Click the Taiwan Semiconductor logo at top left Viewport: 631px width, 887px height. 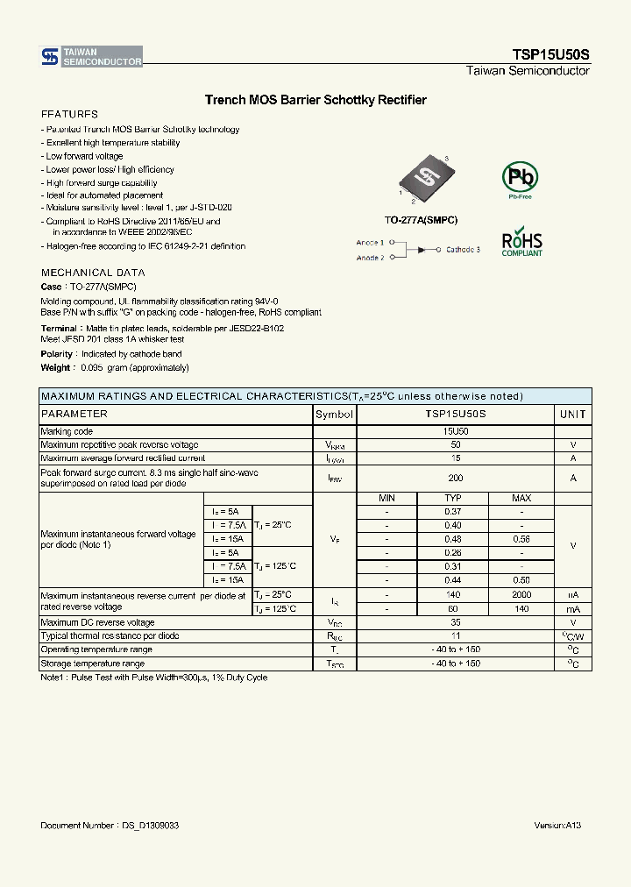click(x=91, y=57)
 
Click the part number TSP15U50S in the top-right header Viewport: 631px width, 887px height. click(x=550, y=54)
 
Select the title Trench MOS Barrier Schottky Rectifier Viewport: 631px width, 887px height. click(x=315, y=100)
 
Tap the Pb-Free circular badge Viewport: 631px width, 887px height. click(x=520, y=179)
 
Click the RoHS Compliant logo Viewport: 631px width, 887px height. click(x=521, y=243)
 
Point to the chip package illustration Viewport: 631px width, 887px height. click(x=422, y=180)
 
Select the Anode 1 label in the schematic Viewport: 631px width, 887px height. click(x=370, y=242)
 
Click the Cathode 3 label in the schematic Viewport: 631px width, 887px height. click(x=463, y=250)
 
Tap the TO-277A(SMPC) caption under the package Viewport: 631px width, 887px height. click(x=421, y=220)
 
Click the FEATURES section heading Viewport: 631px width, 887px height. click(x=69, y=115)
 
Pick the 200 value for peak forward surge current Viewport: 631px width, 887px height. click(x=455, y=478)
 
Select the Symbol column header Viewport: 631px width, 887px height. click(x=334, y=414)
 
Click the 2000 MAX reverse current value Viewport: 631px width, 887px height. click(x=521, y=594)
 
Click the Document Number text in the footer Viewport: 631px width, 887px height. click(x=110, y=826)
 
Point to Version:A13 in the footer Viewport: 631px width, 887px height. click(x=557, y=826)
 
